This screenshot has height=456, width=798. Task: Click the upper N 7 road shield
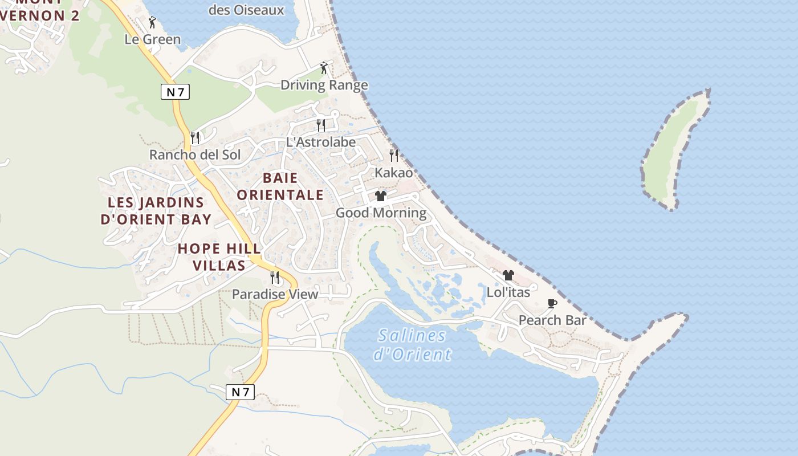174,92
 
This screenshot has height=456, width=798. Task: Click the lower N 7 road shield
240,392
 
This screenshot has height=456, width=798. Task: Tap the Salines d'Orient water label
412,345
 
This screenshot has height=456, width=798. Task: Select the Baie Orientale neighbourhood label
280,186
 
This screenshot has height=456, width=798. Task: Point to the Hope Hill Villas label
219,257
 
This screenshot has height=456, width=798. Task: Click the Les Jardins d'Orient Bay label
156,210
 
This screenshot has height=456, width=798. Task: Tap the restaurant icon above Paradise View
275,278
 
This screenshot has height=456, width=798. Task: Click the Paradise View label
275,295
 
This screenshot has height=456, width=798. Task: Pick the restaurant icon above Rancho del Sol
195,137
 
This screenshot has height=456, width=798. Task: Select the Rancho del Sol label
195,154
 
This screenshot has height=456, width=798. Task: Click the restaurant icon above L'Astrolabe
321,125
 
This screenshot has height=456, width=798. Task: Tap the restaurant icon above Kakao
393,155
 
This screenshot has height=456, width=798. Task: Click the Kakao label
393,172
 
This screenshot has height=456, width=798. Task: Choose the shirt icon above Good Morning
381,196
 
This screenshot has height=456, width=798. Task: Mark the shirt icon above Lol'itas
508,275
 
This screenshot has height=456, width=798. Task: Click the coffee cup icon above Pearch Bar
552,303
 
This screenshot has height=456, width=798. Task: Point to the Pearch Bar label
552,320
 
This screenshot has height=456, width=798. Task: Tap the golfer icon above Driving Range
324,68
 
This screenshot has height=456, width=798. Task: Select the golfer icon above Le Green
152,22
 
